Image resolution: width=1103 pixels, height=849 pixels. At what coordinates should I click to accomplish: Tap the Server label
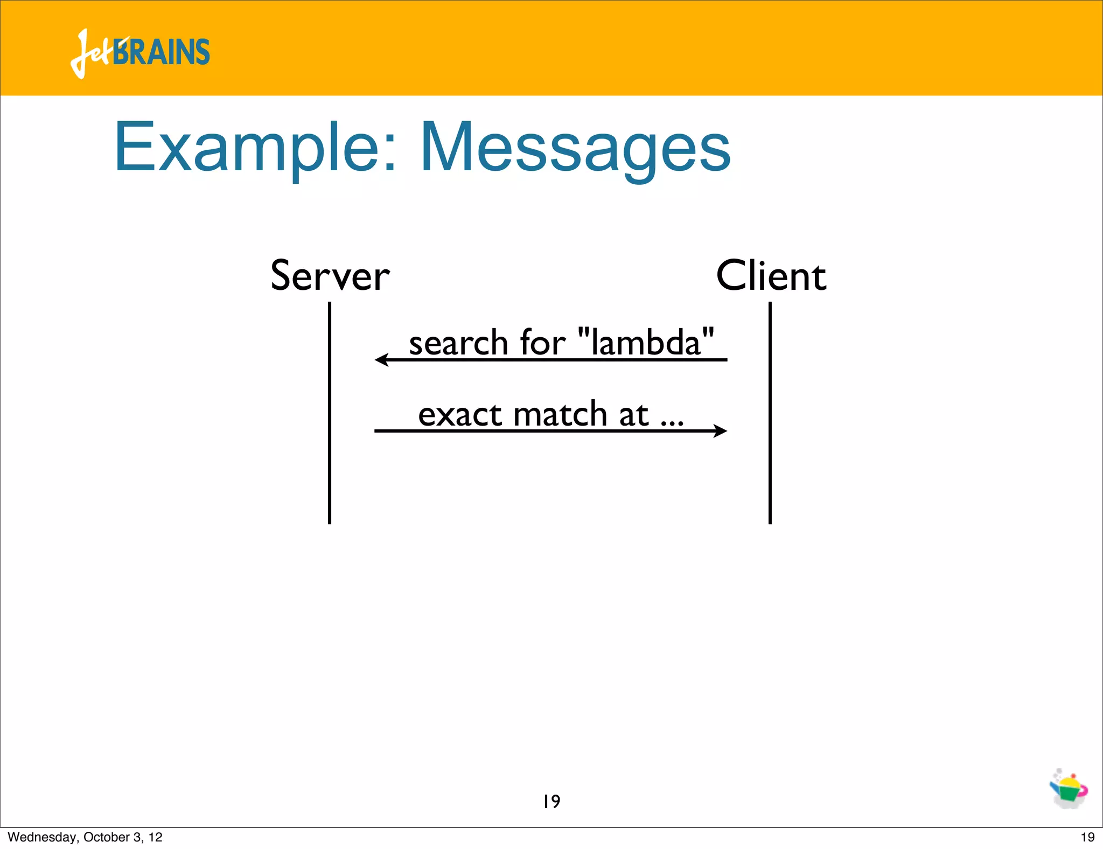pyautogui.click(x=330, y=276)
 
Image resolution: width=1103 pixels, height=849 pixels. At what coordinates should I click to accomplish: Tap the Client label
pyautogui.click(x=771, y=276)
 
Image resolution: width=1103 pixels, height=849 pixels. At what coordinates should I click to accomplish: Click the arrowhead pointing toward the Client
pyautogui.click(x=720, y=430)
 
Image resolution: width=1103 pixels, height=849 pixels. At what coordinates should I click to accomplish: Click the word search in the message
pyautogui.click(x=458, y=343)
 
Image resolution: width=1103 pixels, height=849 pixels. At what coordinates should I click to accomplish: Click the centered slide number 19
pyautogui.click(x=551, y=802)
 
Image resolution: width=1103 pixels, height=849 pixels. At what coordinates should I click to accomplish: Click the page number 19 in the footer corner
pyautogui.click(x=1087, y=837)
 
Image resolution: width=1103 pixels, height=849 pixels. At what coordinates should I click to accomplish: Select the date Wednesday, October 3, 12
pyautogui.click(x=85, y=837)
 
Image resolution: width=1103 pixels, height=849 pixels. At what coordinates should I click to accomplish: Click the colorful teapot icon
pyautogui.click(x=1069, y=790)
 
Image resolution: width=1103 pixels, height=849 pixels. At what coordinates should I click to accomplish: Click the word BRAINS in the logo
pyautogui.click(x=162, y=52)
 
